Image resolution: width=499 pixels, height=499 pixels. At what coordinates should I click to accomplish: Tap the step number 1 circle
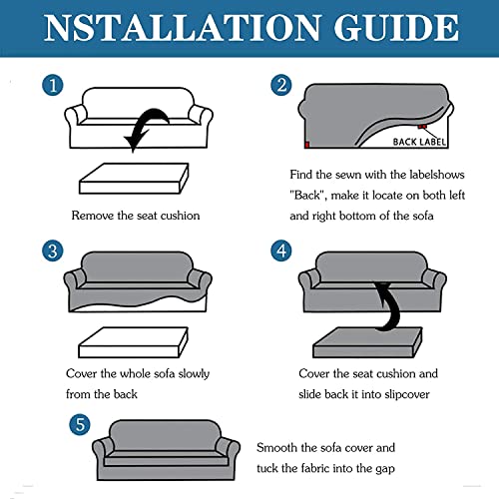(x=53, y=85)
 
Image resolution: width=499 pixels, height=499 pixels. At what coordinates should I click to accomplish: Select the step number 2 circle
(x=281, y=85)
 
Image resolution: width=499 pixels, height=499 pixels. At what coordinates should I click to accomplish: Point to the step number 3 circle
(x=53, y=250)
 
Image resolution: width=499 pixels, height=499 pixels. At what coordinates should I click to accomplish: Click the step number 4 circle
(x=281, y=250)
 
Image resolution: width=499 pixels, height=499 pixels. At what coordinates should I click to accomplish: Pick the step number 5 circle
(x=80, y=424)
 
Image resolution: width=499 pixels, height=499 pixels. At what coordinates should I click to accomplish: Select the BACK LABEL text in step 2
(x=419, y=142)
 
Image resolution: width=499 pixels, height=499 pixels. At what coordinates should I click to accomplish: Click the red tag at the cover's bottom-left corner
(x=307, y=145)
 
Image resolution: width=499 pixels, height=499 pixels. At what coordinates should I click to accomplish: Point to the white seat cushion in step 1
(x=134, y=179)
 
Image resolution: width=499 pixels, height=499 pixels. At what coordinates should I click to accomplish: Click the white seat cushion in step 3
(x=133, y=342)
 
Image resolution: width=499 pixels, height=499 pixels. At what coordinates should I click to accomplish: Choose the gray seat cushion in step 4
(x=367, y=342)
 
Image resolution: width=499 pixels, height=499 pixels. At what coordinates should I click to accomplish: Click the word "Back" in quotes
(x=306, y=195)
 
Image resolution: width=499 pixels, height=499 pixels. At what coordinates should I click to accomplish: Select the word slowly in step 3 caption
(x=194, y=374)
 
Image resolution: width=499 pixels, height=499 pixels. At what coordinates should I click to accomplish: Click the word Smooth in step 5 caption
(x=276, y=448)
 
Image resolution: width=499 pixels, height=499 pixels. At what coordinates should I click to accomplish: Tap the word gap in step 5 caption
(x=385, y=469)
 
